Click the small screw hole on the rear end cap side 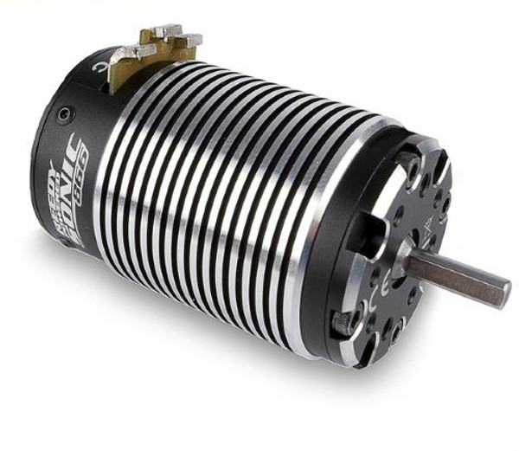click(x=65, y=114)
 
